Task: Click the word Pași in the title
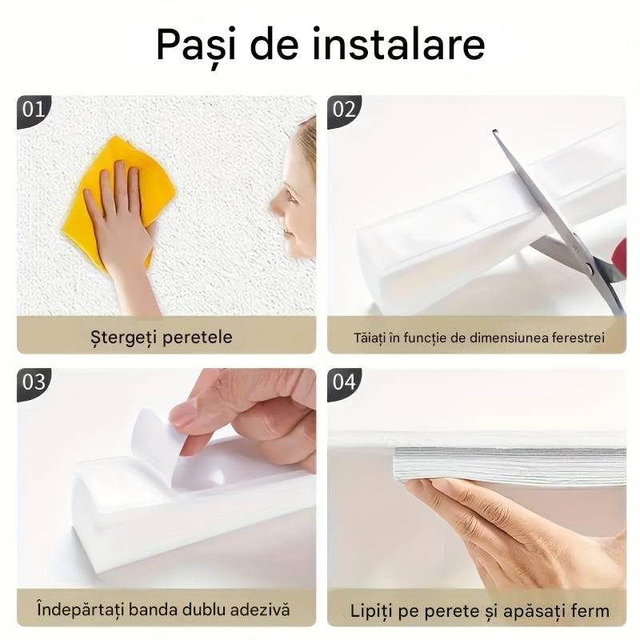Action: point(195,46)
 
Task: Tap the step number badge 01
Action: point(34,110)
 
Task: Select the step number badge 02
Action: point(344,110)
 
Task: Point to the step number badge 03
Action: point(34,383)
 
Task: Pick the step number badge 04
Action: point(344,383)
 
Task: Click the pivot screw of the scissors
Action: point(590,267)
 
